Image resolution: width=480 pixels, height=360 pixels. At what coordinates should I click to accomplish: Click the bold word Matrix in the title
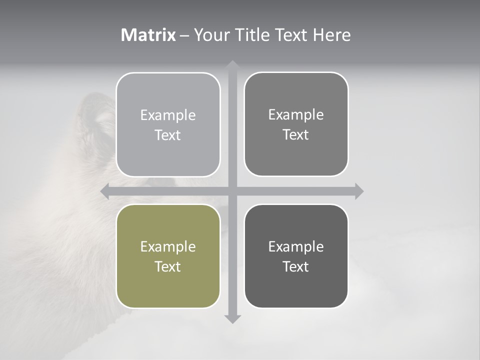(x=148, y=35)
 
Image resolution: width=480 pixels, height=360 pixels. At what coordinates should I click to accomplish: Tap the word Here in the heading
(x=332, y=35)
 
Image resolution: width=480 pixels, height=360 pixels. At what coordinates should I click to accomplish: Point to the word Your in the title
(x=212, y=35)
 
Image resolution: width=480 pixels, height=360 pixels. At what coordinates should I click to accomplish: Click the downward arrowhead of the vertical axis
(x=232, y=318)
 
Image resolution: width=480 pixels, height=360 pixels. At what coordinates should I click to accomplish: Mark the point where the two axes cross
(x=232, y=191)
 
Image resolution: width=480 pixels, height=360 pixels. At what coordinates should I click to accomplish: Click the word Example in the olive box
(x=168, y=246)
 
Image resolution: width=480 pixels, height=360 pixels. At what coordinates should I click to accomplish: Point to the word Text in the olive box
(x=168, y=266)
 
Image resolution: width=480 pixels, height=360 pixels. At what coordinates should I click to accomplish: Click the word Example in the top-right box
(x=296, y=114)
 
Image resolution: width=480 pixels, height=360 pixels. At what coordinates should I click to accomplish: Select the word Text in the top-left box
(x=168, y=135)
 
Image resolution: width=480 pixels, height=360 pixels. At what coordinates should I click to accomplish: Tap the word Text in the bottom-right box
(x=296, y=266)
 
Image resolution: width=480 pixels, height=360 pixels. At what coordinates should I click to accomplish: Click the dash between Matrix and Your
(x=184, y=35)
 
